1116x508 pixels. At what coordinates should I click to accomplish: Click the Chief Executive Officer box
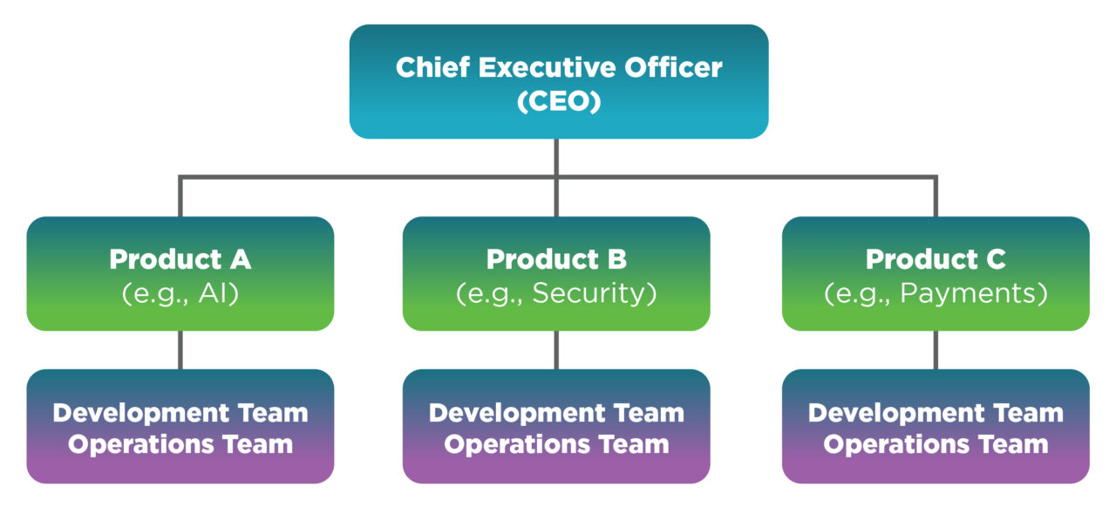(558, 81)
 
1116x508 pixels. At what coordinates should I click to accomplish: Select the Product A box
(180, 273)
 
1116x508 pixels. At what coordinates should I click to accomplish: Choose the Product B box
(556, 273)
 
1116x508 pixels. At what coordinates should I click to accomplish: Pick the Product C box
(936, 273)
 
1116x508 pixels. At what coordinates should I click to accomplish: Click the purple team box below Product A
(180, 427)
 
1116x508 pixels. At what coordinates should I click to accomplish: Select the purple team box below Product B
(556, 427)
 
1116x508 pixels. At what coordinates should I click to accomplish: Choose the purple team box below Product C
(936, 427)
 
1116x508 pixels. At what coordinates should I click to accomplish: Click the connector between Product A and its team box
(180, 350)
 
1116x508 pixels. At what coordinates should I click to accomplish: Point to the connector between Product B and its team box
(556, 350)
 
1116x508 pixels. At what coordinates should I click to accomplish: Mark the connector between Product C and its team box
(936, 350)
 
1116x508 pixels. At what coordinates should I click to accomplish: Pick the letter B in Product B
(616, 259)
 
